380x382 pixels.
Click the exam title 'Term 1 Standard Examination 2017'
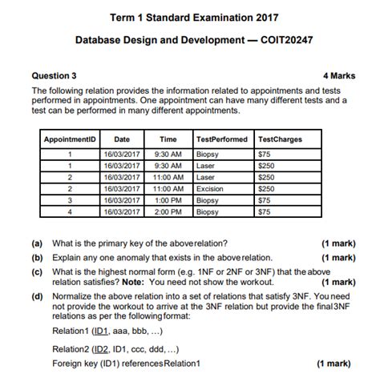[189, 17]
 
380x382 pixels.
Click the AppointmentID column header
[71, 139]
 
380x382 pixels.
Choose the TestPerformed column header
[222, 139]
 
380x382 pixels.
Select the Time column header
[168, 139]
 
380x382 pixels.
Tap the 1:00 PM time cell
[168, 200]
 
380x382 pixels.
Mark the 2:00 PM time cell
[168, 212]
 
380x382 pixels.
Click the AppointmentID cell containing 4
[71, 212]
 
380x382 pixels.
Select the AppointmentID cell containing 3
[71, 200]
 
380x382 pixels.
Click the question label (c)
[38, 272]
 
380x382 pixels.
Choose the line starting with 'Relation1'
[104, 330]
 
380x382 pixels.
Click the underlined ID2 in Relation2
[101, 349]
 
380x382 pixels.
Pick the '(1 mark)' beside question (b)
[338, 258]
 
